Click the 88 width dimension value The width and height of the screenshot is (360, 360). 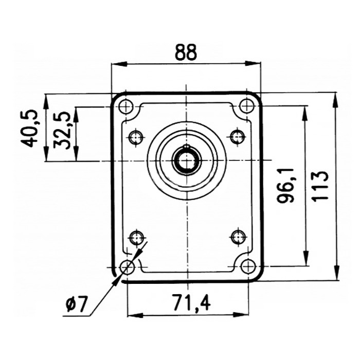186,52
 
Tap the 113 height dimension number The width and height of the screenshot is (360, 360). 321,186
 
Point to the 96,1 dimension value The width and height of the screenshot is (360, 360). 285,186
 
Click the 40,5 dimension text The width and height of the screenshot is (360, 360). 29,128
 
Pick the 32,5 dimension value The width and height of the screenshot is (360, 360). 61,130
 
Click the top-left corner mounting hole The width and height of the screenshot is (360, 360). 126,106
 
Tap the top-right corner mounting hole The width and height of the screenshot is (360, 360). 247,106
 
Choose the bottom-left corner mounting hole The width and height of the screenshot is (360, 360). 127,267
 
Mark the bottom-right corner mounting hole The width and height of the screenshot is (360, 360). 248,266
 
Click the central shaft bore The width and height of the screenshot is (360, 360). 187,160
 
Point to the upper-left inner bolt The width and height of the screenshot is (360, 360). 136,137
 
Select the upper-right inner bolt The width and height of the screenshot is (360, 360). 237,137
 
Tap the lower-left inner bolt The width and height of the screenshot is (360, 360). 137,238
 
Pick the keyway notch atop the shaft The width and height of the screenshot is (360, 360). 187,146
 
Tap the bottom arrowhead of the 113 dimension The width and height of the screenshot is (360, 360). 336,272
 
